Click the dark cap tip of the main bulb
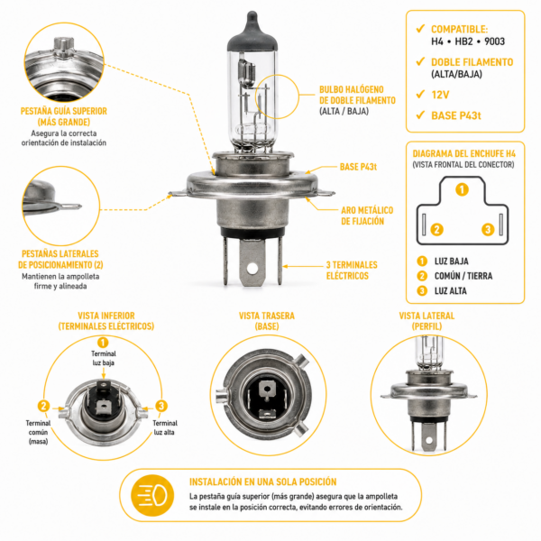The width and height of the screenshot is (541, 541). [252, 17]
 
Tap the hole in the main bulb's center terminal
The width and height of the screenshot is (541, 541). [252, 268]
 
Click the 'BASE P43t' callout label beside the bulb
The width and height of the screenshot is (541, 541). [358, 167]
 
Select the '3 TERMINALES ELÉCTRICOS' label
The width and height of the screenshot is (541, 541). [352, 270]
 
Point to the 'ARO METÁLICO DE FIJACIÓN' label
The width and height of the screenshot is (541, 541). [367, 215]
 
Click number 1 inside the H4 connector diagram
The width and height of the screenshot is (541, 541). [462, 189]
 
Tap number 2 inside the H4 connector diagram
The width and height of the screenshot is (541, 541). [436, 229]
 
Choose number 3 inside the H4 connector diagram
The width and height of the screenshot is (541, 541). [488, 229]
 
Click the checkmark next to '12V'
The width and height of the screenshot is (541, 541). [420, 94]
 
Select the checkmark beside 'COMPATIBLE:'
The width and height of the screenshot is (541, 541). [420, 28]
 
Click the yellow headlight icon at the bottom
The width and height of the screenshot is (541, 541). [152, 495]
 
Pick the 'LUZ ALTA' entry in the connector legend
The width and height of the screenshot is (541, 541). [450, 291]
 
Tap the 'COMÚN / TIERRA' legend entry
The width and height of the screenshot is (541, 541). [463, 276]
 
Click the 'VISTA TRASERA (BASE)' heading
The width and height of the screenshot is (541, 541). [267, 321]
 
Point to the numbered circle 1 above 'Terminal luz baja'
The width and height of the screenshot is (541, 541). [103, 343]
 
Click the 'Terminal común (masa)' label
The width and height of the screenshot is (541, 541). [38, 432]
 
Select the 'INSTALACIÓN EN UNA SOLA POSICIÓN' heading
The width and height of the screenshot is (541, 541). [263, 482]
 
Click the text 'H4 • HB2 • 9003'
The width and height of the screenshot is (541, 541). [468, 41]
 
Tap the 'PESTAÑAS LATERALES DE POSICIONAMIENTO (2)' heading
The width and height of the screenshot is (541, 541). [60, 259]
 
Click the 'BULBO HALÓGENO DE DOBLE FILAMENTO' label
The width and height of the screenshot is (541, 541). [357, 95]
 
